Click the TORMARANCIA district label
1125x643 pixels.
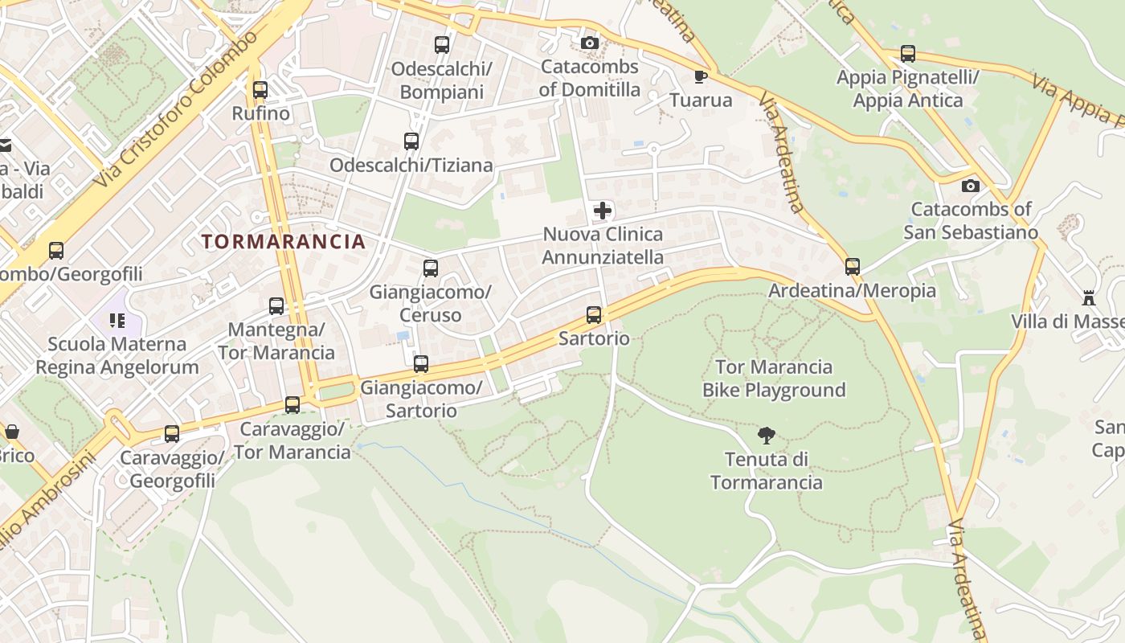284,241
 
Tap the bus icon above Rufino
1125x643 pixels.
260,90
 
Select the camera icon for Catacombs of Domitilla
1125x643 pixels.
590,43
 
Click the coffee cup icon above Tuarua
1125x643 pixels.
701,76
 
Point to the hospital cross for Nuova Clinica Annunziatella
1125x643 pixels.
603,211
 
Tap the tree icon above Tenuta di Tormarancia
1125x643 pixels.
767,436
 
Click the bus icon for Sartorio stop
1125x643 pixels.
594,315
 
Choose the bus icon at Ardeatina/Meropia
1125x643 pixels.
853,267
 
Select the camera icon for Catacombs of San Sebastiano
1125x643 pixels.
971,186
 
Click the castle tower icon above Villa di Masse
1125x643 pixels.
1089,298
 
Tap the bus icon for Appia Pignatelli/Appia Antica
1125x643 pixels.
908,54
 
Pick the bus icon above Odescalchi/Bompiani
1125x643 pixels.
441,45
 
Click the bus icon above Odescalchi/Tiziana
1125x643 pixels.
411,141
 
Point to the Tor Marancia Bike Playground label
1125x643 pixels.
774,379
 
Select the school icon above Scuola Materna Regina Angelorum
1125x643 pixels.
117,321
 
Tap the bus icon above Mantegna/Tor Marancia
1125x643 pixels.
276,306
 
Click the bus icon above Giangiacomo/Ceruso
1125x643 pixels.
431,268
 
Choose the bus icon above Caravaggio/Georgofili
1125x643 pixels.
172,434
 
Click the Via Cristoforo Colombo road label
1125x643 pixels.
179,109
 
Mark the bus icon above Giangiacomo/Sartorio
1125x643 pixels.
421,364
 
